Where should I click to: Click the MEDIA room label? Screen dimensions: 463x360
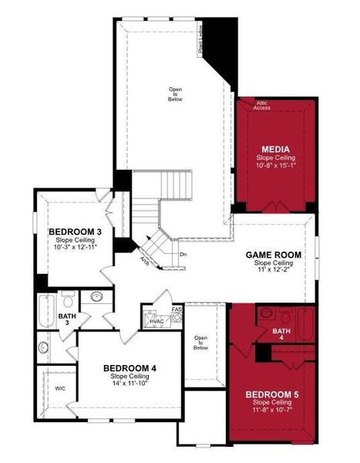[x=274, y=150]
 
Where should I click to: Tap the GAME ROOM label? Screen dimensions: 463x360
[x=273, y=255]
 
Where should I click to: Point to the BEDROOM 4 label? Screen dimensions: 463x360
[x=130, y=368]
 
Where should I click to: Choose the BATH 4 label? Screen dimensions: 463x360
[x=281, y=331]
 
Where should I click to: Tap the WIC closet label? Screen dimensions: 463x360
[x=59, y=389]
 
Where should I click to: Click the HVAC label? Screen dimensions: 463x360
[x=156, y=320]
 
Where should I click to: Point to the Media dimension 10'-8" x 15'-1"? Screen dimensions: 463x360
[x=274, y=166]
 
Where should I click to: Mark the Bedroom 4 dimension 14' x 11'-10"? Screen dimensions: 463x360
[x=130, y=384]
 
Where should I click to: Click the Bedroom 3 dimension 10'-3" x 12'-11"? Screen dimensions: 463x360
[x=74, y=248]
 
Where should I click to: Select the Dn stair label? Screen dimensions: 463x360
[x=183, y=254]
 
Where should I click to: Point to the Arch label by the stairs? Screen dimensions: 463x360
[x=145, y=260]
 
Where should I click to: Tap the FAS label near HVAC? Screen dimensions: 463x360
[x=177, y=309]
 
